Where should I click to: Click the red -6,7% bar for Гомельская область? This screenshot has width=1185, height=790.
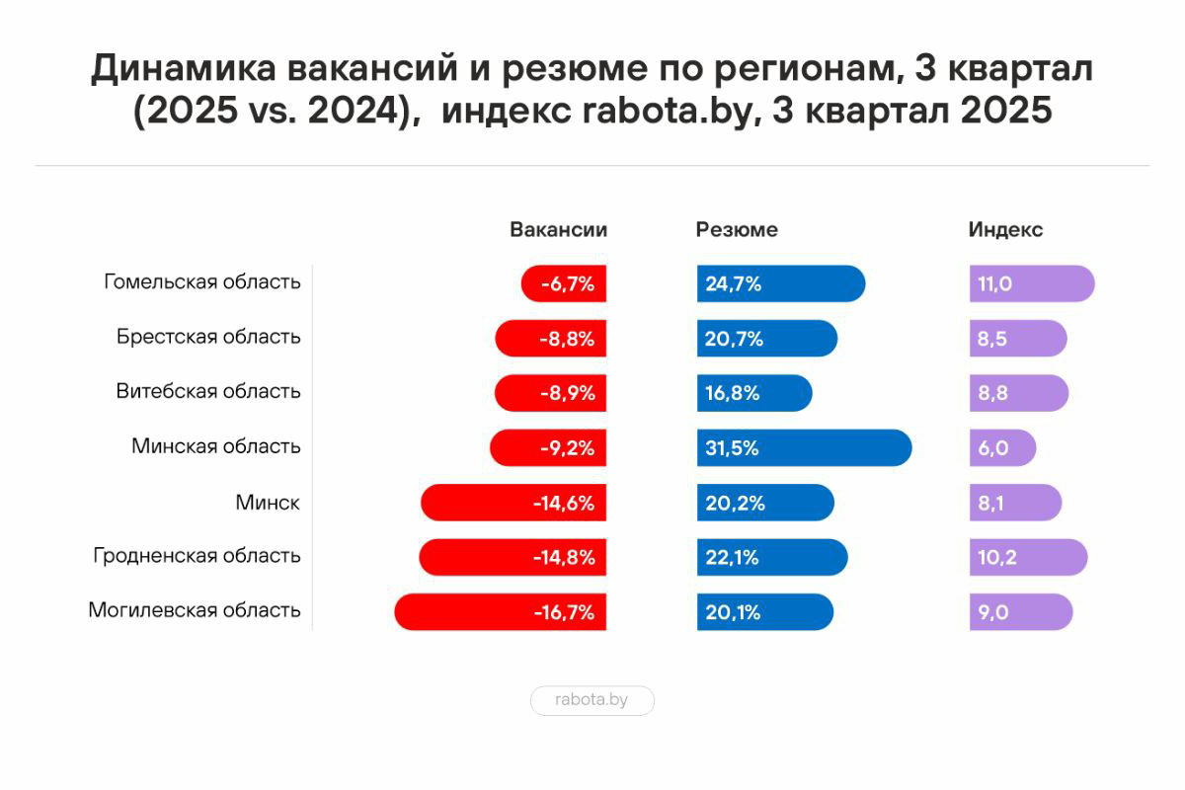coord(564,284)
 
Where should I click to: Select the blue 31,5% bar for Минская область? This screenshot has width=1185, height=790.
coord(804,447)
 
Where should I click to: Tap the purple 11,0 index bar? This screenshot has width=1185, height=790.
coord(1032,284)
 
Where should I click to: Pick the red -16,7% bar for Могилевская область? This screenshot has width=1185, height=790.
coord(501,612)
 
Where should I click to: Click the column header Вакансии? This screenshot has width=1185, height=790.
coord(558,230)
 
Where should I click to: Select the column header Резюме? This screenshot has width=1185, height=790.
coord(737,230)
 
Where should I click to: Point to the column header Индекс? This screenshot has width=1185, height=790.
coord(1005,230)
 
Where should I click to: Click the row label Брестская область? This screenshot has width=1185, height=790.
coord(207,337)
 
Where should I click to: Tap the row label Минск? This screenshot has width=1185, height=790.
coord(267,503)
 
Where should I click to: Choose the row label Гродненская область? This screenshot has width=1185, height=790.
coord(197,556)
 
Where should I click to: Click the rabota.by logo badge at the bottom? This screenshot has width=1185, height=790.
coord(592,701)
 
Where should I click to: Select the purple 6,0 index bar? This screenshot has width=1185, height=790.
coord(1002,447)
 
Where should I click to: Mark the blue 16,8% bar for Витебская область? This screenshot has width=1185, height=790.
coord(754,393)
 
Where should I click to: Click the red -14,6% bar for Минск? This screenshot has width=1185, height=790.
coord(513,503)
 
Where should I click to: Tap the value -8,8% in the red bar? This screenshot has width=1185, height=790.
coord(567,339)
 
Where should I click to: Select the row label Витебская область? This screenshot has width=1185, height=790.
coord(207,391)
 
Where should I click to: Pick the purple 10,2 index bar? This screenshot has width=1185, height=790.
coord(1028,557)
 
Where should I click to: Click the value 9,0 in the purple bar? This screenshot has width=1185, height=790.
coord(993,612)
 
